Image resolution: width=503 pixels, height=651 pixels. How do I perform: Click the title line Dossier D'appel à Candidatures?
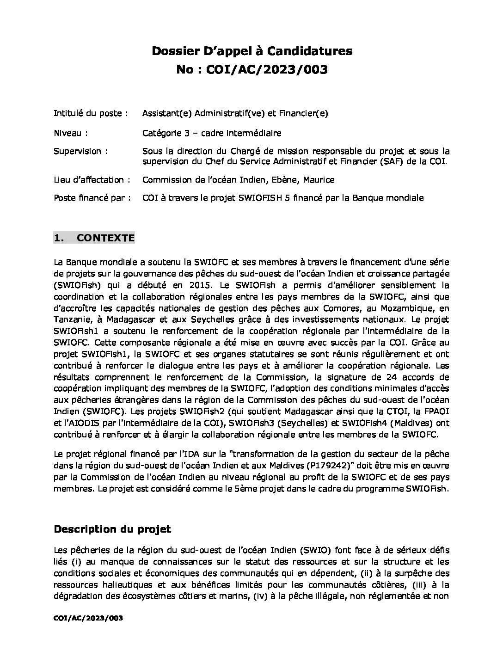252,51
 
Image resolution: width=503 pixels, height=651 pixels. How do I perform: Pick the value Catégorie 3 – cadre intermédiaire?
212,133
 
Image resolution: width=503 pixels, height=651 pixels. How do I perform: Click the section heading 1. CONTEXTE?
94,238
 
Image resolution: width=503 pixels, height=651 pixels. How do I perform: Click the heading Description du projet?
112,529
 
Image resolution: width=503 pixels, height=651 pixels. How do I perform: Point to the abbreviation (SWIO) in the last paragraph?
314,550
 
